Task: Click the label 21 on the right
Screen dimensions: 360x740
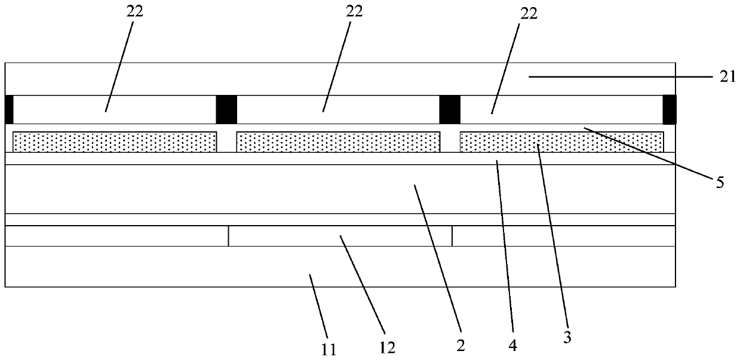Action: [720, 77]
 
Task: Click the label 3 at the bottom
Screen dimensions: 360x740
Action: [567, 337]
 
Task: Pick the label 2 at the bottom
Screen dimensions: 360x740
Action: [461, 344]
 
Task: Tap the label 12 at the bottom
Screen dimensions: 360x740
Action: [387, 346]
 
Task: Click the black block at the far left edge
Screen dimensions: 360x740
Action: [8, 109]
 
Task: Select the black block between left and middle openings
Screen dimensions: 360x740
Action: [226, 109]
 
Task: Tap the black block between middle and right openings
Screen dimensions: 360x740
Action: [450, 109]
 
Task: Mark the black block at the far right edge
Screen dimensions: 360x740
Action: [670, 109]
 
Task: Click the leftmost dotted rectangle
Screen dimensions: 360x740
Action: [115, 141]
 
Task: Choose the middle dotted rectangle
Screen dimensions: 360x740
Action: [338, 141]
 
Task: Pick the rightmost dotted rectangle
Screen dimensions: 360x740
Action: [561, 141]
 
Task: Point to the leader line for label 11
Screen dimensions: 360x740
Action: [319, 304]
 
